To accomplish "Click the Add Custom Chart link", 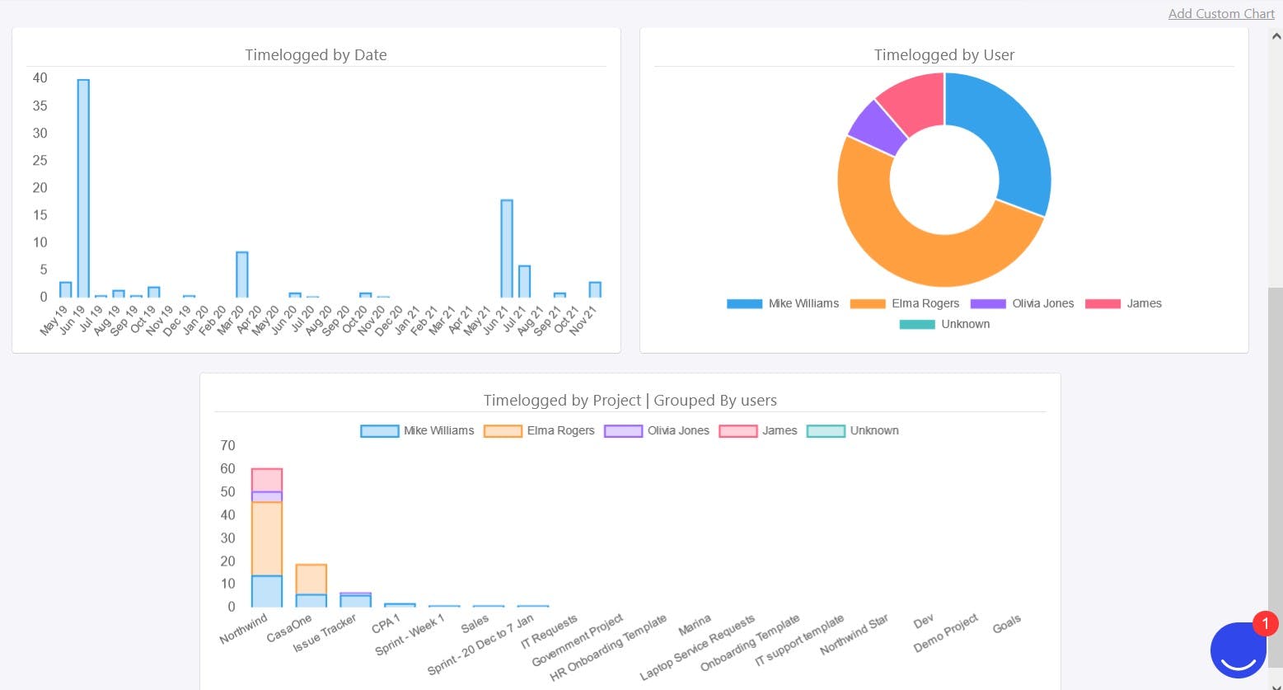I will (x=1221, y=13).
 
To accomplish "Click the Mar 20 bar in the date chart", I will (x=242, y=275).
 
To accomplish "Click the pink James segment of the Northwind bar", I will (x=267, y=480).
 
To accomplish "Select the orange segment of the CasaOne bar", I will (x=311, y=580).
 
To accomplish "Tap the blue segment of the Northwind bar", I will (x=267, y=591).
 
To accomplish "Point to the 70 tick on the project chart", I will (x=227, y=446).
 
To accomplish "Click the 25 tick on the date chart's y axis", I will (x=40, y=160).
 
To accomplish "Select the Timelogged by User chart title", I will (x=944, y=55).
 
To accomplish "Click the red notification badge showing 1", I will (x=1265, y=624).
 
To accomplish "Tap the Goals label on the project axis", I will (x=1007, y=624).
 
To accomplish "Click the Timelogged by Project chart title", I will (x=630, y=401).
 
